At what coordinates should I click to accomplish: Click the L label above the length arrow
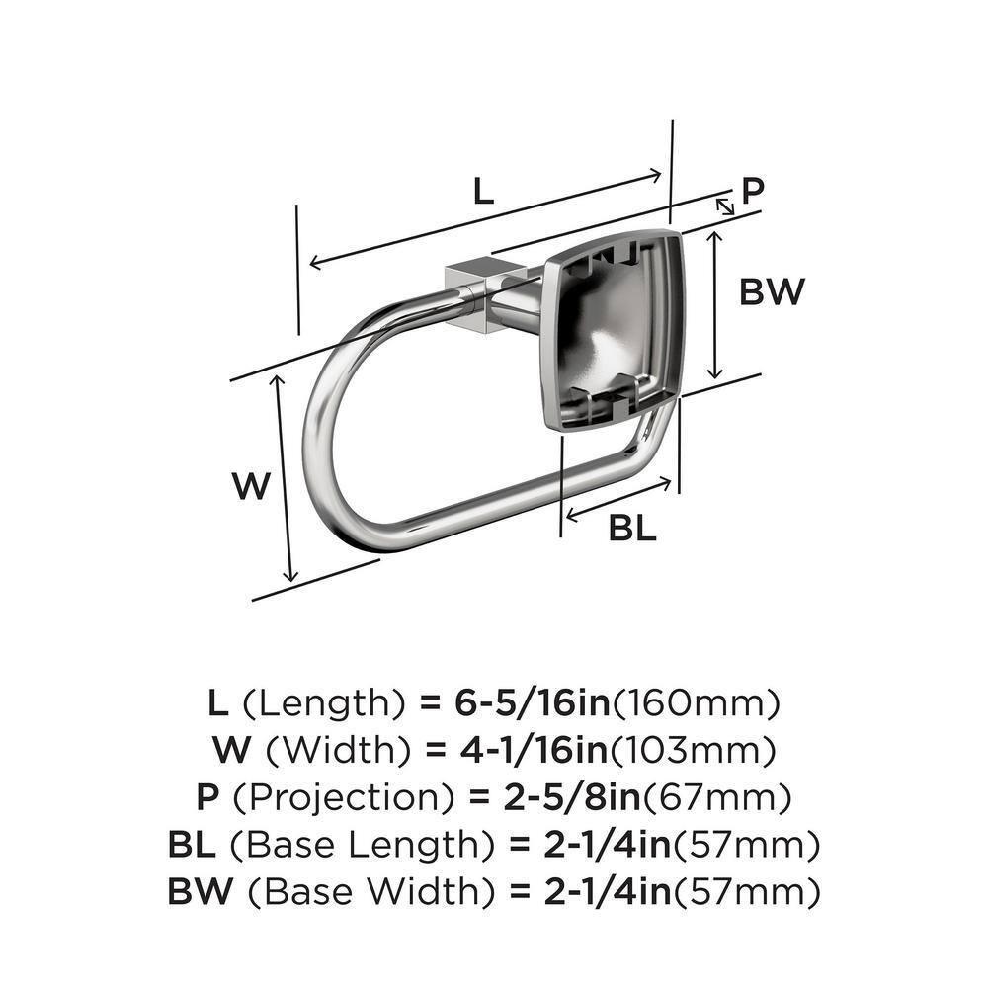pyautogui.click(x=481, y=190)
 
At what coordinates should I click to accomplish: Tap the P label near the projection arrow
pyautogui.click(x=753, y=190)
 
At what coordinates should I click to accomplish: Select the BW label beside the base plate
pyautogui.click(x=772, y=291)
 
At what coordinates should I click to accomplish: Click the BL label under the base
pyautogui.click(x=632, y=529)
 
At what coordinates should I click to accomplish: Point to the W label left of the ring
pyautogui.click(x=251, y=486)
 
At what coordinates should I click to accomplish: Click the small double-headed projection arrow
pyautogui.click(x=725, y=206)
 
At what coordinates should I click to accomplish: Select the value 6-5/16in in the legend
pyautogui.click(x=517, y=703)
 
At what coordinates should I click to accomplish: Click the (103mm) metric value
pyautogui.click(x=690, y=750)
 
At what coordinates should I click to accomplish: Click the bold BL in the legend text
pyautogui.click(x=192, y=845)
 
